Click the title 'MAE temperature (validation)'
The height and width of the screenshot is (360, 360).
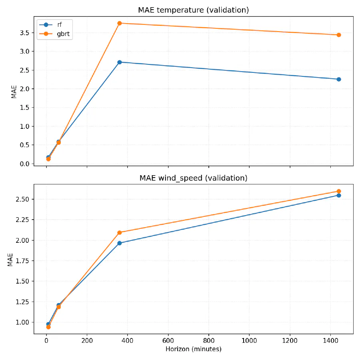[x=193, y=10]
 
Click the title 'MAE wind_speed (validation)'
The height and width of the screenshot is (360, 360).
[x=193, y=178]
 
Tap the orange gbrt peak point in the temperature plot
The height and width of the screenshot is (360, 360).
[x=120, y=23]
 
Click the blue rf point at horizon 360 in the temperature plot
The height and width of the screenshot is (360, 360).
[x=120, y=62]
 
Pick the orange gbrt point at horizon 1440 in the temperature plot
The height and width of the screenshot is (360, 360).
[x=339, y=35]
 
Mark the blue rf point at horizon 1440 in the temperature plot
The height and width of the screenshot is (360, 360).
[x=339, y=79]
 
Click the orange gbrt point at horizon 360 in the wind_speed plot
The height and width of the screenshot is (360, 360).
[x=120, y=232]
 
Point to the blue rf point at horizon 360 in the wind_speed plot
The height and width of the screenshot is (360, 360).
[x=120, y=243]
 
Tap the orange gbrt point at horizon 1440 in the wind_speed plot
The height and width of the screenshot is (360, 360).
[x=339, y=191]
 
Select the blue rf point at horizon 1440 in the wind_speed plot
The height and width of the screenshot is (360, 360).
[x=339, y=195]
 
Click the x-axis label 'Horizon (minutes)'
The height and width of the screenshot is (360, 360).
[x=193, y=349]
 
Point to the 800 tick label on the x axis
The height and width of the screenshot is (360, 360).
[x=208, y=341]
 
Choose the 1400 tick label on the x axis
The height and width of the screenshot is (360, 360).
[x=330, y=341]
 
